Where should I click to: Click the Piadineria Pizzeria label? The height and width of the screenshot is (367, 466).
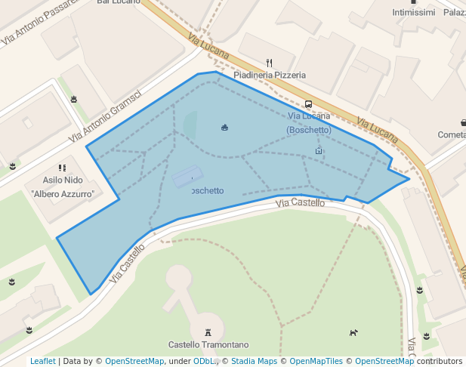point(270,76)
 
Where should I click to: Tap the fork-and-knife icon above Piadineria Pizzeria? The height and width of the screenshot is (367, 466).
point(269,63)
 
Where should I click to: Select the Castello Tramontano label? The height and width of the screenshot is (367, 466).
point(208,344)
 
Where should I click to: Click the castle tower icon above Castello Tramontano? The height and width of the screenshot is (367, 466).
point(208,332)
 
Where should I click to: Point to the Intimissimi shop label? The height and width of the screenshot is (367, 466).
point(414,13)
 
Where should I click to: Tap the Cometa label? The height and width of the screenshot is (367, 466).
point(451,134)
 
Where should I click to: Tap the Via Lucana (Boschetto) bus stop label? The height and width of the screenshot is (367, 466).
point(309,122)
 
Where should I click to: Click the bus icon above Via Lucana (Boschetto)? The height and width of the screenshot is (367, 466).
point(308,104)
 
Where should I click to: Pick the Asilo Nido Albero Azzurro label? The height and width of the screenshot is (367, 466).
point(63,187)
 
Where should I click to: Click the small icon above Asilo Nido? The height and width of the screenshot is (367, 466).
point(62,168)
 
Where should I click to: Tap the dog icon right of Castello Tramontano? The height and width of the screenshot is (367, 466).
point(353,332)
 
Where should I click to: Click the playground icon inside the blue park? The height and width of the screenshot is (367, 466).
point(224,127)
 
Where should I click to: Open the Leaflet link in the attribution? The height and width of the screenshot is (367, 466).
point(42,362)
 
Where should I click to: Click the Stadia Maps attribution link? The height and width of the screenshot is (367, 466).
point(254,362)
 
